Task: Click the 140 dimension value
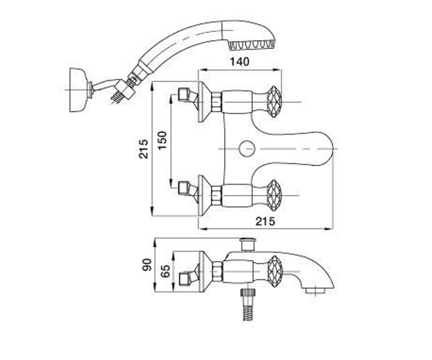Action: [x=240, y=62]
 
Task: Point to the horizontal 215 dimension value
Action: [x=265, y=221]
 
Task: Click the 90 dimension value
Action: [x=147, y=264]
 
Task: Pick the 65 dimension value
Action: [x=165, y=271]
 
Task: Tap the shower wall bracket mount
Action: [x=79, y=90]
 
